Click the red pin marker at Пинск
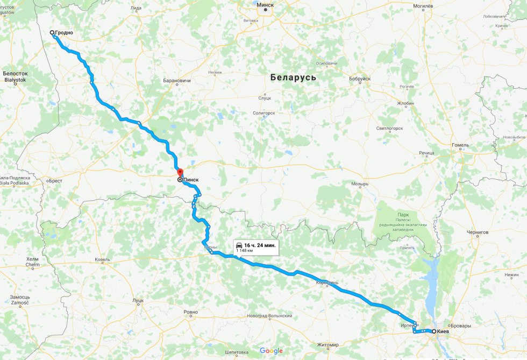point(180,173)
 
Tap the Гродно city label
point(63,33)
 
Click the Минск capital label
point(265,4)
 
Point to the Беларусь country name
point(293,77)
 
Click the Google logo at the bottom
point(271,351)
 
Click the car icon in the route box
point(239,245)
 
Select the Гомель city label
point(460,145)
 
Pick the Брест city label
point(55,181)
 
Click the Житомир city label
point(327,344)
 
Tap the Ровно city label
point(190,312)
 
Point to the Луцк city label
point(138,300)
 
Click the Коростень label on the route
point(327,282)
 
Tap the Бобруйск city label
point(360,79)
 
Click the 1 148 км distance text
point(245,250)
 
